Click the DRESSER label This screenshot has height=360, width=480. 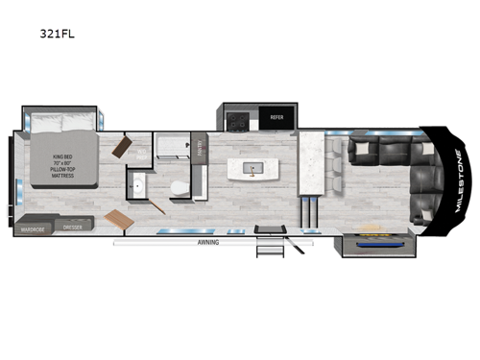[72, 230]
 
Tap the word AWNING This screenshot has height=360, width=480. [208, 243]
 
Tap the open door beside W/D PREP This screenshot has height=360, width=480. [124, 147]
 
